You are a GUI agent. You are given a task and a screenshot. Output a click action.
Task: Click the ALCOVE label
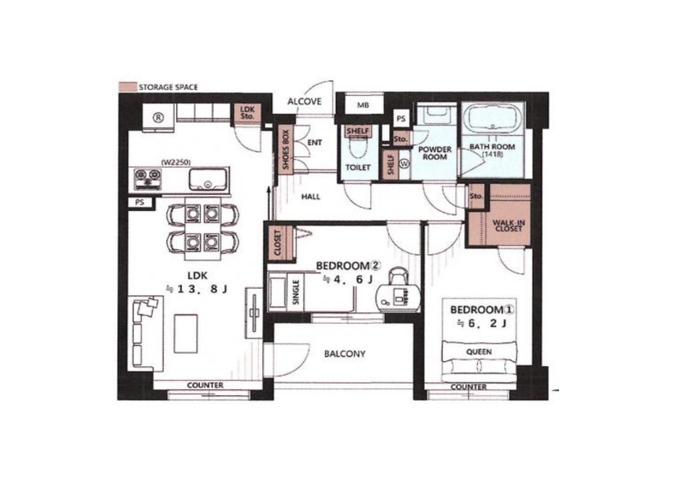(x=304, y=101)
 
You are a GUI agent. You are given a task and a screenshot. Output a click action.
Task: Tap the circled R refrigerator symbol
(x=158, y=118)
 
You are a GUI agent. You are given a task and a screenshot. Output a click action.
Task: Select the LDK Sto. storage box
(x=248, y=113)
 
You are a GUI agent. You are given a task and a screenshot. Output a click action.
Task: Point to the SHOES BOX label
(x=285, y=150)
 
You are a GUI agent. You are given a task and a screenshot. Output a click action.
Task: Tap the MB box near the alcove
(x=363, y=105)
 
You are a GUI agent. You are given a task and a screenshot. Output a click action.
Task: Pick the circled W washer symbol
(x=405, y=164)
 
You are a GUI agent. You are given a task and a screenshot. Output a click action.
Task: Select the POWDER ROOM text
(x=435, y=153)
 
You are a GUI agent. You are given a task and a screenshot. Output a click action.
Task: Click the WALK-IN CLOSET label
(x=509, y=226)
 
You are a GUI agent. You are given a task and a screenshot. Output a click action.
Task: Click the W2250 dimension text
(x=176, y=162)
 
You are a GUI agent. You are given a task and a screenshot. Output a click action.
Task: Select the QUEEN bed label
(x=479, y=351)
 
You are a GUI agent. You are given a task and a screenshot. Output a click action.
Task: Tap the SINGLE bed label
(x=296, y=292)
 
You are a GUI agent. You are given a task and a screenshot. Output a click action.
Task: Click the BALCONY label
(x=345, y=354)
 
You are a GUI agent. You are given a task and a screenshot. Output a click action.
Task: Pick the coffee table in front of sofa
(x=185, y=334)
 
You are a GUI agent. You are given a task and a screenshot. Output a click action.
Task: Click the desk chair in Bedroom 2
(x=398, y=276)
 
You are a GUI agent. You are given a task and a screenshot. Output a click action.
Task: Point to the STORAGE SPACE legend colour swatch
(x=128, y=87)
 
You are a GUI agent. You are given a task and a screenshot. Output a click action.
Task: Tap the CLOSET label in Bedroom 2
(x=277, y=243)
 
